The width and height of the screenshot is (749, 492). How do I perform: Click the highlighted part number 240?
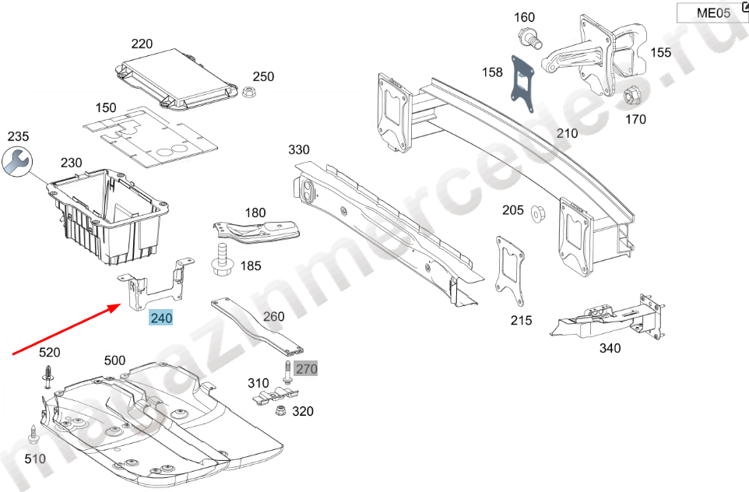(x=161, y=318)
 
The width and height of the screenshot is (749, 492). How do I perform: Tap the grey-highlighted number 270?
(x=306, y=369)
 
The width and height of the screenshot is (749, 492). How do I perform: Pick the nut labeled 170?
(x=631, y=96)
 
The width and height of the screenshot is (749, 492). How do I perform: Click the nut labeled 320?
(x=282, y=411)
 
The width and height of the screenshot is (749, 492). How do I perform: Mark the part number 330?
(x=298, y=149)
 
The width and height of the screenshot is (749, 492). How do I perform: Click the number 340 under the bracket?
(x=610, y=348)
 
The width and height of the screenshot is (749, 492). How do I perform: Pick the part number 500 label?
(x=114, y=360)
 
